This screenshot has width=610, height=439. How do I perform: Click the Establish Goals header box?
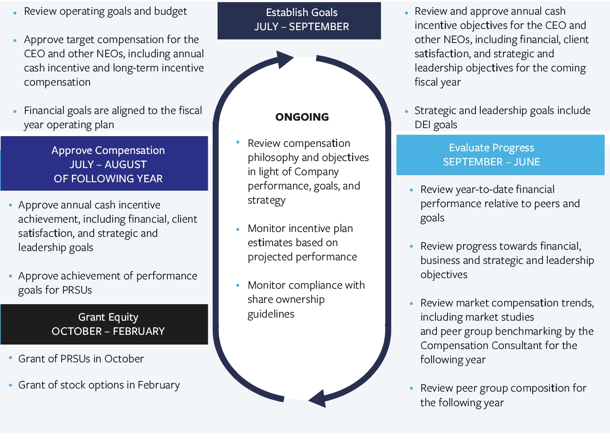pyautogui.click(x=299, y=20)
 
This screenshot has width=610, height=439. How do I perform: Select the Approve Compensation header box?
pyautogui.click(x=104, y=164)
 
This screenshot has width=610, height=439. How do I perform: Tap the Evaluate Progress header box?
pyautogui.click(x=500, y=155)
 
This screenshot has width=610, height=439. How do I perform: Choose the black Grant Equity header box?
pyautogui.click(x=104, y=324)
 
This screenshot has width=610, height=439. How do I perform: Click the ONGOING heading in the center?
pyautogui.click(x=302, y=117)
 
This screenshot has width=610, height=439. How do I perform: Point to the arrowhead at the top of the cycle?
pyautogui.click(x=285, y=59)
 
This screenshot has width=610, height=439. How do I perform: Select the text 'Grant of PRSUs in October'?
pyautogui.click(x=81, y=359)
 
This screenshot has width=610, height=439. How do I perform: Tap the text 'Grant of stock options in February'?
pyautogui.click(x=99, y=385)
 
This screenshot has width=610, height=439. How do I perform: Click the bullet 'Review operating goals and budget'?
pyautogui.click(x=105, y=12)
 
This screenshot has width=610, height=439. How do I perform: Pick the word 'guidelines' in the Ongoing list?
pyautogui.click(x=271, y=314)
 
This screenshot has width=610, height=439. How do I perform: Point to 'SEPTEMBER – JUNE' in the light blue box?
pyautogui.click(x=491, y=162)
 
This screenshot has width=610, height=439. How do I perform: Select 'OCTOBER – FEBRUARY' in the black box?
pyautogui.click(x=108, y=331)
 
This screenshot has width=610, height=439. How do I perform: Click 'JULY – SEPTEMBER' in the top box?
pyautogui.click(x=301, y=27)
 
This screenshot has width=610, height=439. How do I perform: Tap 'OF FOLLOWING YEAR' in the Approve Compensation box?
pyautogui.click(x=108, y=179)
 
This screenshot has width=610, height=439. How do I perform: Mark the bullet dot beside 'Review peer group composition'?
pyautogui.click(x=411, y=388)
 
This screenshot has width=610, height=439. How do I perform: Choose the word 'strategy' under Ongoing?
pyautogui.click(x=266, y=200)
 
